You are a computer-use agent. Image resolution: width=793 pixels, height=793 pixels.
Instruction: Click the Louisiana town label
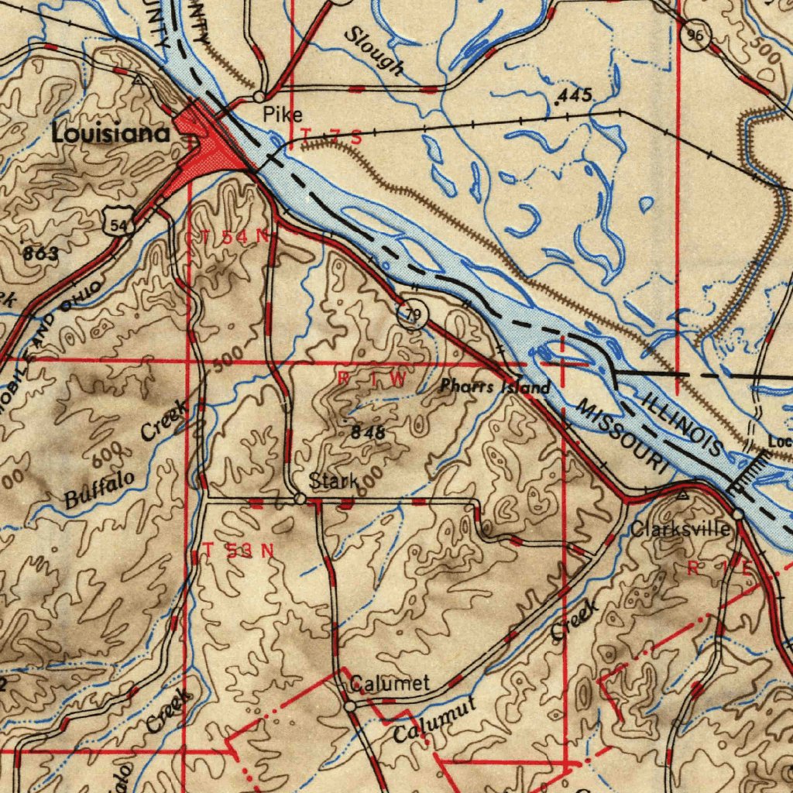click(x=111, y=133)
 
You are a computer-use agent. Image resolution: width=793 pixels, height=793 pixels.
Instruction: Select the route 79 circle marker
click(x=414, y=314)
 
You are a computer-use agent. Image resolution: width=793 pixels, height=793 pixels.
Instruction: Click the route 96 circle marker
click(x=697, y=36)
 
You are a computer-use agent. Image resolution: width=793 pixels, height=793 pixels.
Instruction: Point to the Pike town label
click(x=282, y=115)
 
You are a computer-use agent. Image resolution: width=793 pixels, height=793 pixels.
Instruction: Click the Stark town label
click(x=334, y=481)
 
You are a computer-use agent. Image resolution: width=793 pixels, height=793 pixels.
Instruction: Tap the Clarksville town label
click(x=680, y=530)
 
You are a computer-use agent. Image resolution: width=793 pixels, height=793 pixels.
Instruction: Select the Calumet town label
click(x=390, y=684)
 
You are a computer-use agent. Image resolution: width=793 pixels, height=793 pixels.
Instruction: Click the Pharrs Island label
click(x=496, y=386)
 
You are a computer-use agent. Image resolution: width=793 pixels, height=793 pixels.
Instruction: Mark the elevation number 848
click(x=368, y=433)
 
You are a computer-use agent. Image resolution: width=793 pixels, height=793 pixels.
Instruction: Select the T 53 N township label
click(x=239, y=551)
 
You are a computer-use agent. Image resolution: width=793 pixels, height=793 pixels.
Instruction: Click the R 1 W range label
click(x=372, y=379)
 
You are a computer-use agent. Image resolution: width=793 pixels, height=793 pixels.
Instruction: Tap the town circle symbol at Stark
click(x=300, y=499)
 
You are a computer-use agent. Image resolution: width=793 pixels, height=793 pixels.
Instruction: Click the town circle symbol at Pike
click(x=259, y=98)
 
